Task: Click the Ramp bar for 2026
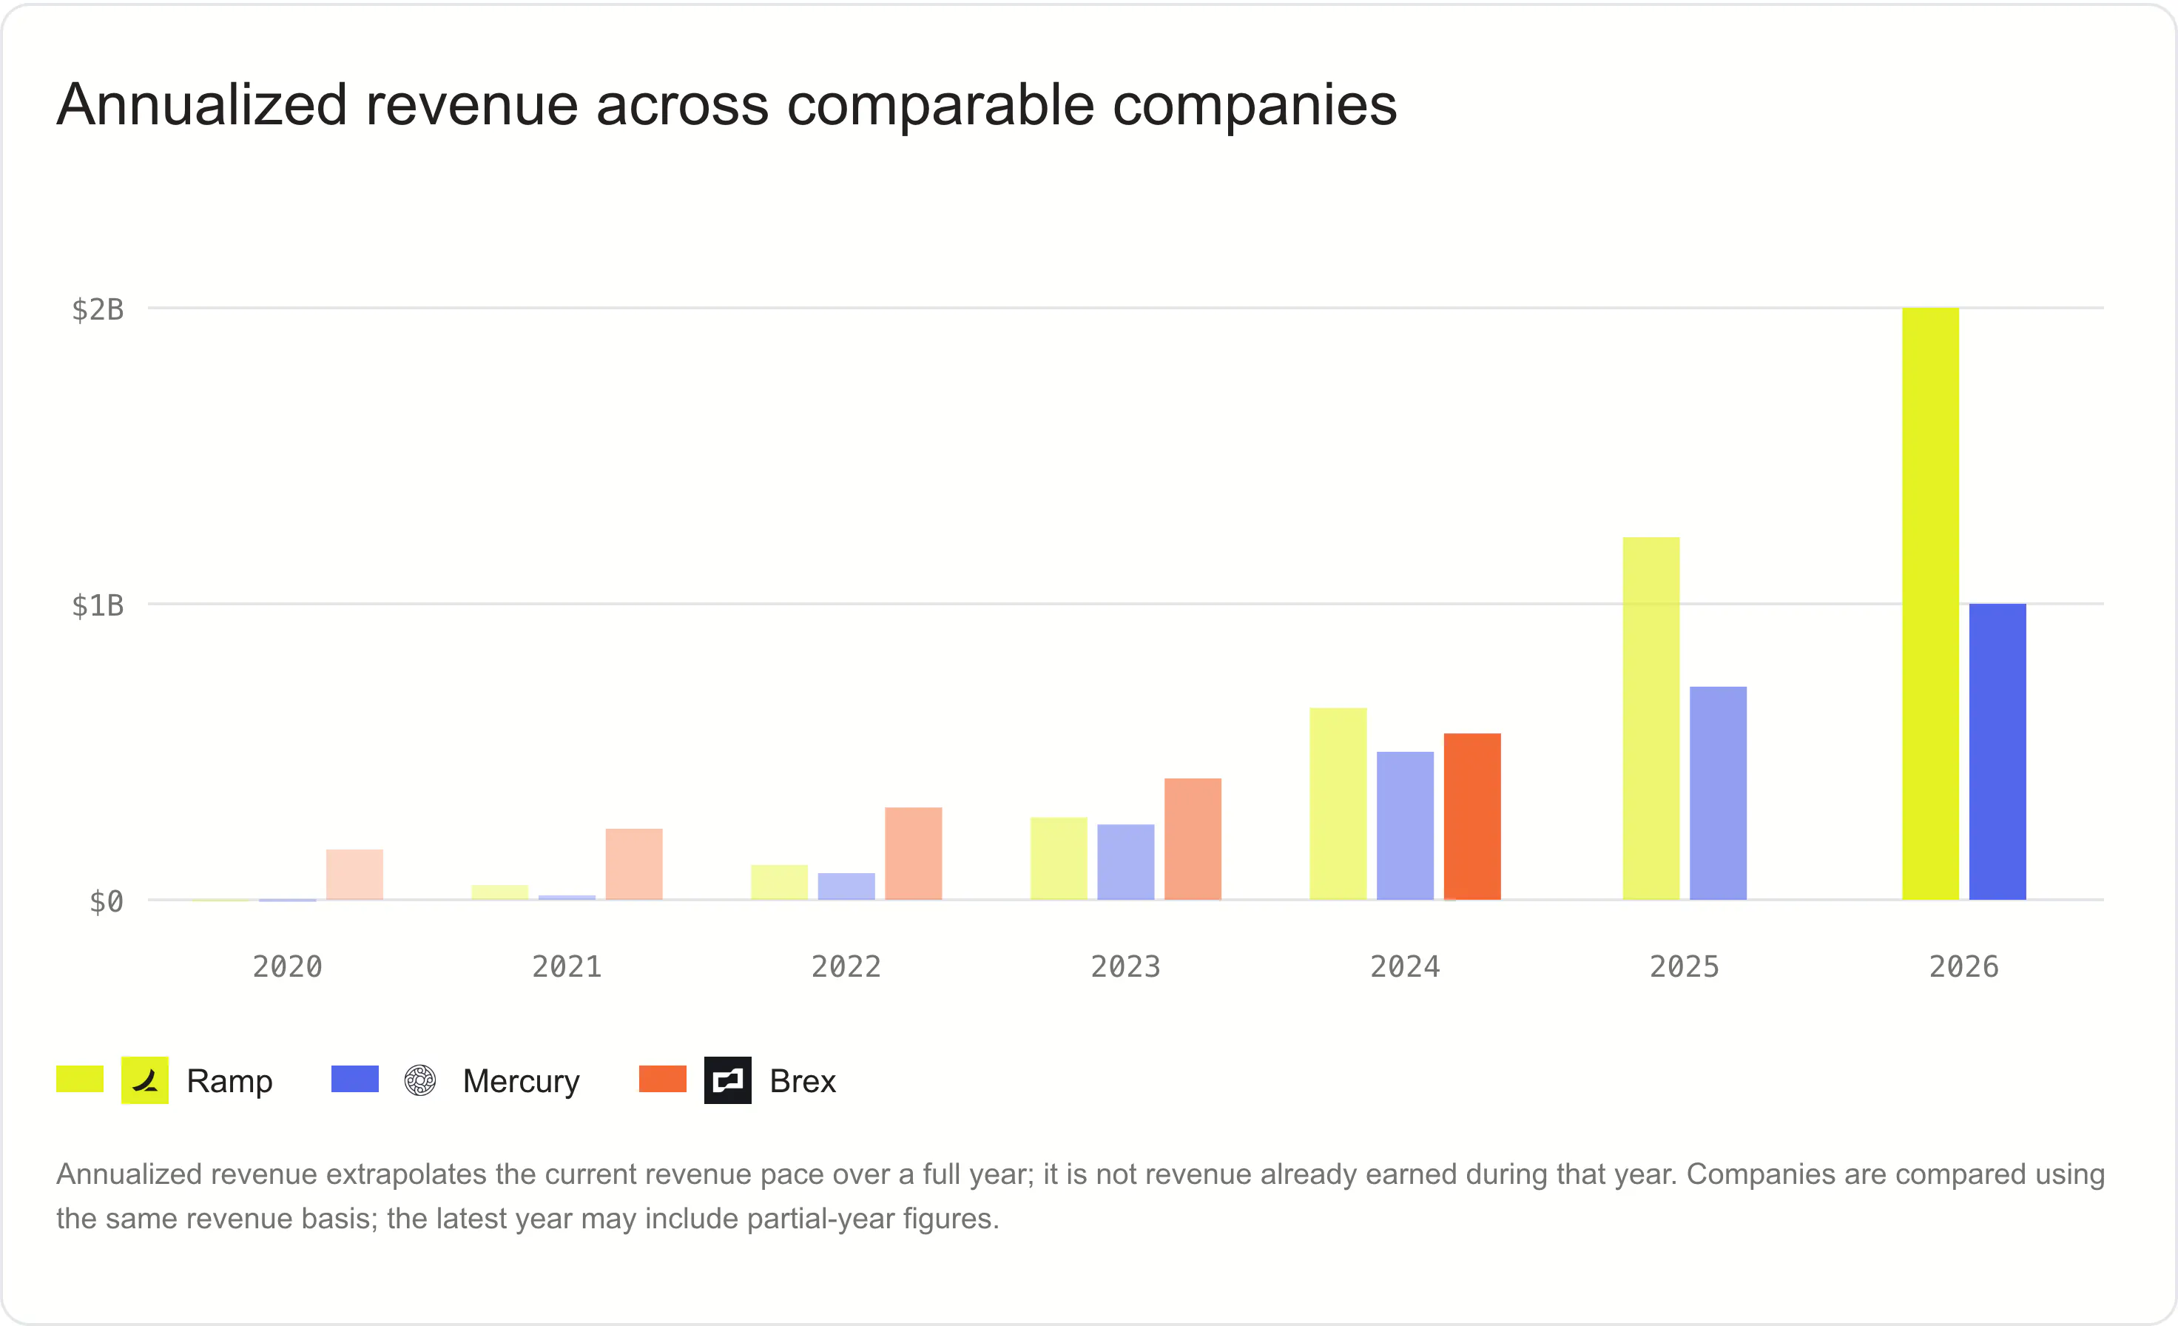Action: click(x=1930, y=604)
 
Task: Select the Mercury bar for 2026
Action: click(x=1997, y=751)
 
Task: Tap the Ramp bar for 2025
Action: click(x=1651, y=718)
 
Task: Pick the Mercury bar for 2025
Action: click(x=1719, y=793)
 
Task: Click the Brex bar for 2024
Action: click(x=1473, y=817)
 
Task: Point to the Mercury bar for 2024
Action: click(x=1406, y=826)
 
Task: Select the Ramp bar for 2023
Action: click(x=1059, y=858)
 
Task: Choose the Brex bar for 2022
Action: click(x=914, y=853)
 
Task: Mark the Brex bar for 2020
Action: click(x=354, y=875)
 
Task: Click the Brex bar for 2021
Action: click(x=634, y=864)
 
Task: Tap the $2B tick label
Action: click(x=98, y=309)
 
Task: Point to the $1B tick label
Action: click(x=98, y=605)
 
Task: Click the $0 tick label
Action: click(x=107, y=902)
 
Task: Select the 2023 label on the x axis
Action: click(x=1126, y=966)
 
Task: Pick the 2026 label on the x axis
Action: click(x=1964, y=966)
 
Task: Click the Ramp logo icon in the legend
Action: click(x=145, y=1080)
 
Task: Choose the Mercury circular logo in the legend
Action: click(x=421, y=1080)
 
